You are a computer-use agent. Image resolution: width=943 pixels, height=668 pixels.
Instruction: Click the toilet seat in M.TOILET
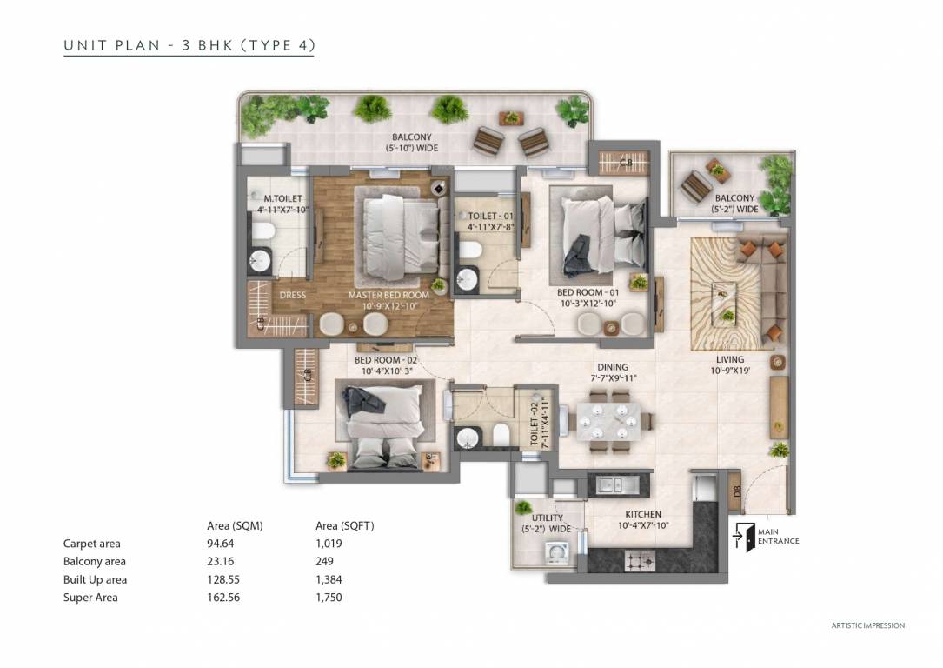pos(263,231)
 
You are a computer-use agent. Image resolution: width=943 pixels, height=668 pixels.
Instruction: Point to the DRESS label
pos(292,295)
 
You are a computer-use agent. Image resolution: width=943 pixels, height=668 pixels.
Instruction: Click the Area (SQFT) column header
pos(344,525)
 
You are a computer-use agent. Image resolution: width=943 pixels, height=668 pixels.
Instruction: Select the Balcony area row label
pos(95,562)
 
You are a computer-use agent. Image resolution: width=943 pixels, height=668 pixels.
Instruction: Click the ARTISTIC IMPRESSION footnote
pos(867,625)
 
